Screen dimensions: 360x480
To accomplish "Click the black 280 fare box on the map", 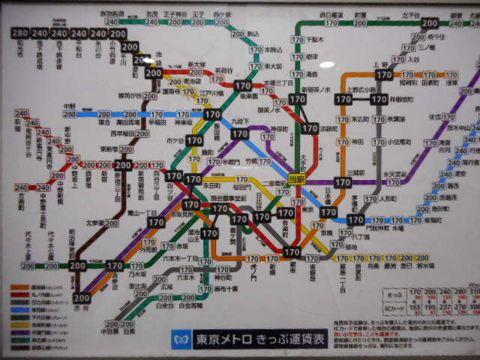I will point(20,34).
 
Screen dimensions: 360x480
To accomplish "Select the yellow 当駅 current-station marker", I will point(297,178).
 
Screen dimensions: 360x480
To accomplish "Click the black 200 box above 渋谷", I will point(82,298).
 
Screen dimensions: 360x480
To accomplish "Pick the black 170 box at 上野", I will point(384,76).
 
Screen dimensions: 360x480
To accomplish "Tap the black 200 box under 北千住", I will point(430,23).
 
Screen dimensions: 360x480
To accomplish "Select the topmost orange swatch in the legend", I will point(19,286).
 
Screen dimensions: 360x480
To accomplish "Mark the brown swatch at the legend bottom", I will point(19,347).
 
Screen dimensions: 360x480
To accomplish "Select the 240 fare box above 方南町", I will point(20,187).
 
